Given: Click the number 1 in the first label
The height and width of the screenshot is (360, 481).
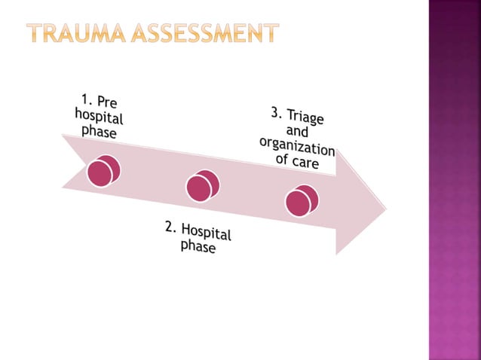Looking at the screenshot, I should (86, 97).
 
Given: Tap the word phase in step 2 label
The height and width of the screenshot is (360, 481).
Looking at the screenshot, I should (198, 246).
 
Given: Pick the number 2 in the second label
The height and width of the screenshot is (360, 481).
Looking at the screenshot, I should (170, 224).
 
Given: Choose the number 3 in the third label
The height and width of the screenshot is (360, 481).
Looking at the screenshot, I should (276, 112).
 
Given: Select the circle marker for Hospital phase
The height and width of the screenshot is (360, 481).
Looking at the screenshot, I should (202, 186).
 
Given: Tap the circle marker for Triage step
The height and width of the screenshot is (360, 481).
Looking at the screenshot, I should (302, 200).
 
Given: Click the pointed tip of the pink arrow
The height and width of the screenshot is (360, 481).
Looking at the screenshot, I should (385, 210).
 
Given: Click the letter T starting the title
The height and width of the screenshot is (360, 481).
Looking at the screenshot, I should (35, 33).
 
